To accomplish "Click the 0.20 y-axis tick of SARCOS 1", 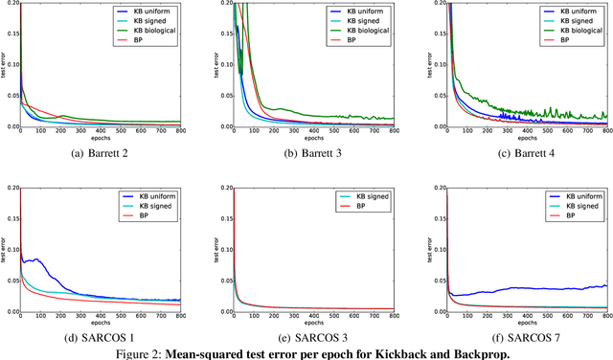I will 11,190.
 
